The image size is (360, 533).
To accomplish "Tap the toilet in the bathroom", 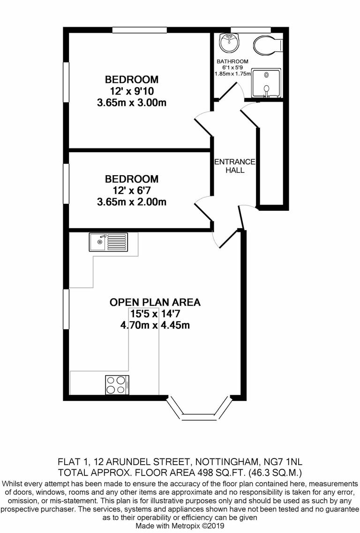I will click(267, 45).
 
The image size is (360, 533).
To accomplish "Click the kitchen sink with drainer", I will click(107, 242).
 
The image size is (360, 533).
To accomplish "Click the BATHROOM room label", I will click(232, 61).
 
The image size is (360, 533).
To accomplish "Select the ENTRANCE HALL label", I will click(234, 166).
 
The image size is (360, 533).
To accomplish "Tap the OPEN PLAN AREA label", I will click(155, 302).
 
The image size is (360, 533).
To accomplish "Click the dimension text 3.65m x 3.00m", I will click(132, 103).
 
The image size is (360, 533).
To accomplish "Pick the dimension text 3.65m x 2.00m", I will click(132, 202).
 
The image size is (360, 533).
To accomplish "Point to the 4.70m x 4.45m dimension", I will click(155, 325).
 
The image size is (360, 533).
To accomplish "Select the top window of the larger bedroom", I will click(140, 30).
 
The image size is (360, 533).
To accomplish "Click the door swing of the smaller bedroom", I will click(202, 209).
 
